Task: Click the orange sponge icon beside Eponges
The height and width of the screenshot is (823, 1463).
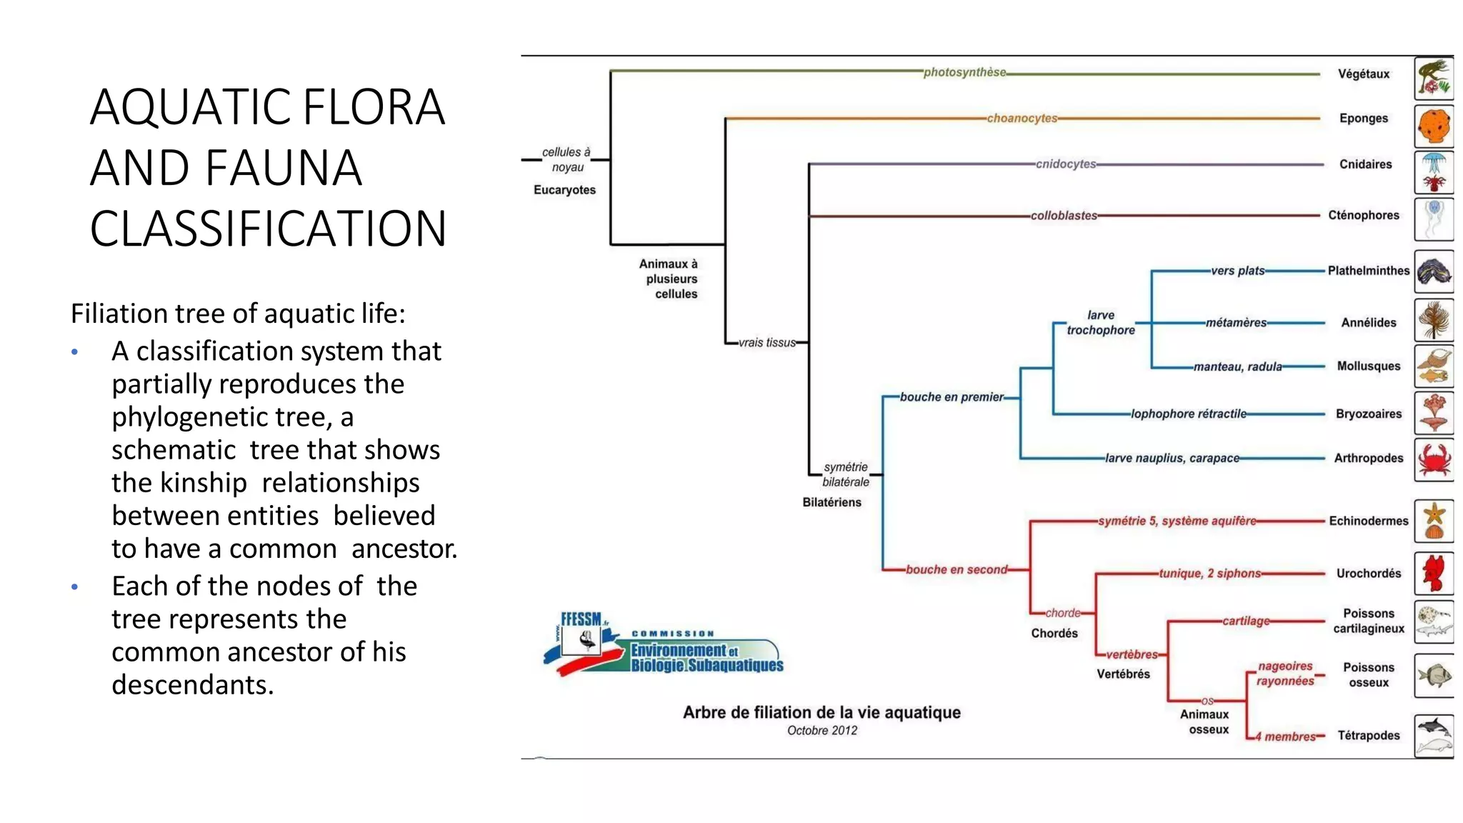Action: pos(1433,126)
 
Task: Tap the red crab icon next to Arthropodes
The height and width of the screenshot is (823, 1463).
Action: pos(1434,459)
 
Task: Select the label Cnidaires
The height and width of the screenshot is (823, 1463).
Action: pos(1365,164)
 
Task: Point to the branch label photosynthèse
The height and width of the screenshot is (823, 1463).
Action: pos(964,72)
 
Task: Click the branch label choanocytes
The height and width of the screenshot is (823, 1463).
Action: pos(1022,119)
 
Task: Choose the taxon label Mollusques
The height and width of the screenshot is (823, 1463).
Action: pos(1368,366)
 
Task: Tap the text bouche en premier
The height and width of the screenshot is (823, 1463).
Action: pos(952,397)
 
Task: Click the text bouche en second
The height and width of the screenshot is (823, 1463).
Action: pos(956,569)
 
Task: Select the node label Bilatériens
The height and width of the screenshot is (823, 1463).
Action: pos(832,502)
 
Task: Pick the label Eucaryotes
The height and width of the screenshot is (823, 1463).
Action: pos(564,190)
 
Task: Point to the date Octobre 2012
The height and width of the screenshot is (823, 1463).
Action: pos(822,730)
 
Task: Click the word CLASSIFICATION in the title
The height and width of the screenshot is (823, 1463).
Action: pos(268,229)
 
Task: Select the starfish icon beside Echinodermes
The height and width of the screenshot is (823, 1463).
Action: pos(1434,521)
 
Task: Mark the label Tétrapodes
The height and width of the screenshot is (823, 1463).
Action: pos(1368,735)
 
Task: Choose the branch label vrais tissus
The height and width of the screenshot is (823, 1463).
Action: pos(767,343)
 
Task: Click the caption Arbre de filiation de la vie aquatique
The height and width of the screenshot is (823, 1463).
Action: pos(822,712)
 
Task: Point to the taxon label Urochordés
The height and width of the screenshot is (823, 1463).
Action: pos(1368,574)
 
